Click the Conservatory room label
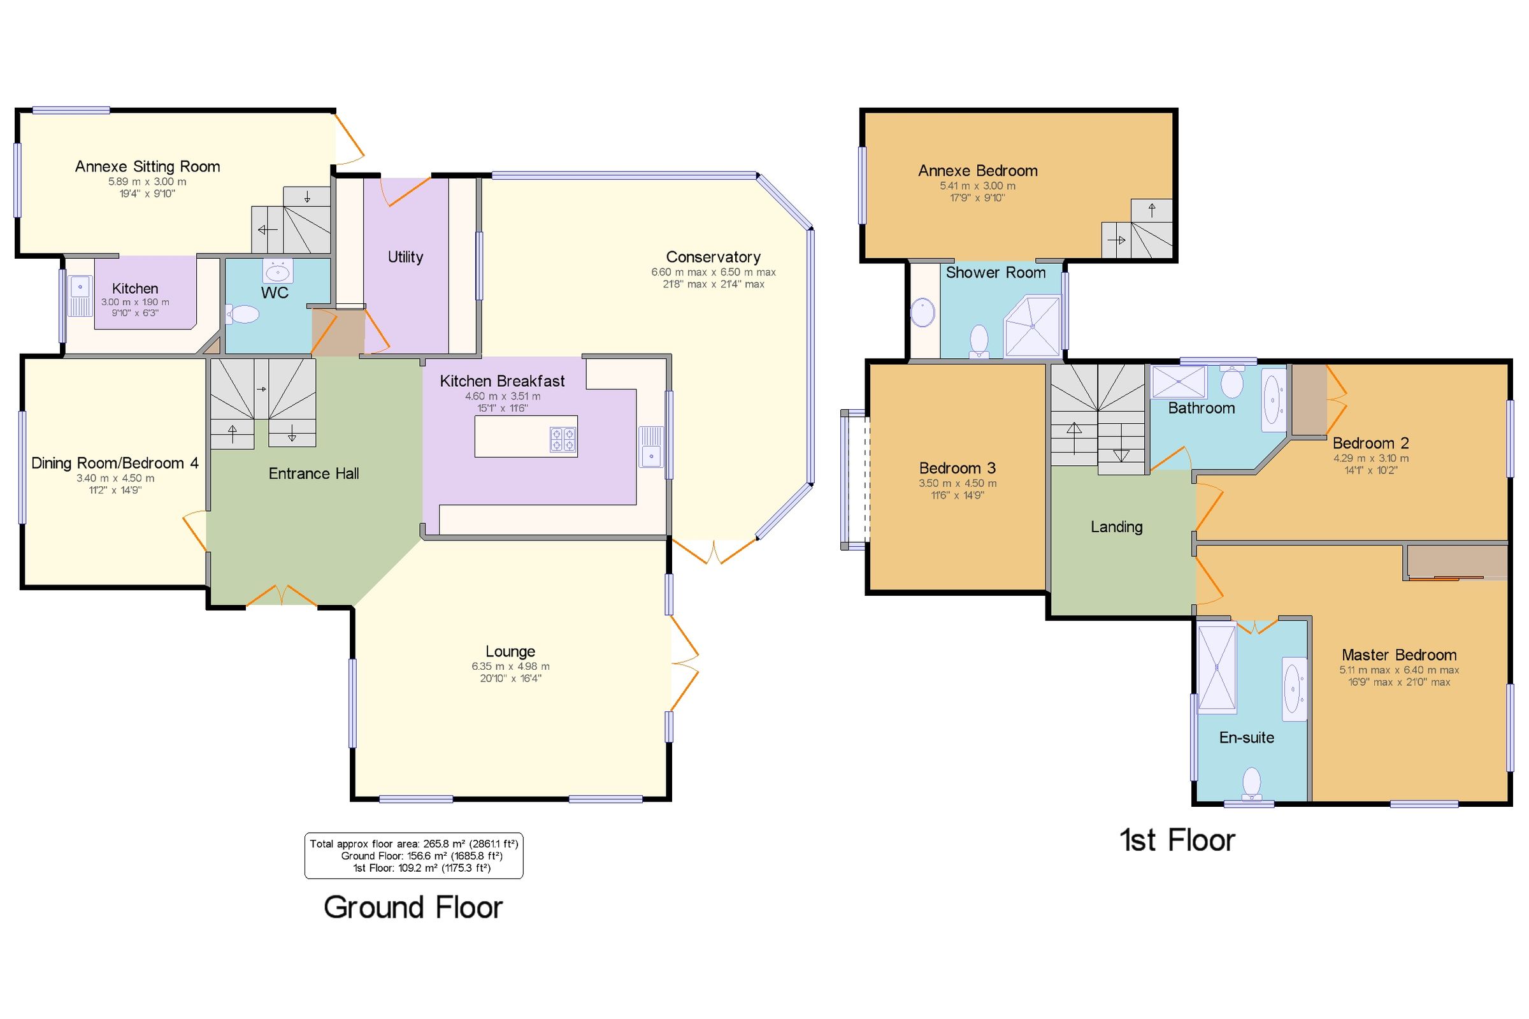point(712,257)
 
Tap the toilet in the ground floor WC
point(243,315)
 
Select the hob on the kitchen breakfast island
point(563,439)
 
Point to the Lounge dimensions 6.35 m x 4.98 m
point(510,666)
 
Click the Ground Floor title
point(413,907)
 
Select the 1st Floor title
point(1176,841)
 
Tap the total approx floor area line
point(413,844)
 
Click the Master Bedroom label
point(1398,654)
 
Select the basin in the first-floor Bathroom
point(1273,400)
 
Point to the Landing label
point(1116,527)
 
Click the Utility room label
point(405,257)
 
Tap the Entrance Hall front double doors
point(282,595)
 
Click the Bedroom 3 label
point(957,468)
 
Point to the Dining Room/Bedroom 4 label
point(115,463)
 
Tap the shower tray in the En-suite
point(1216,667)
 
